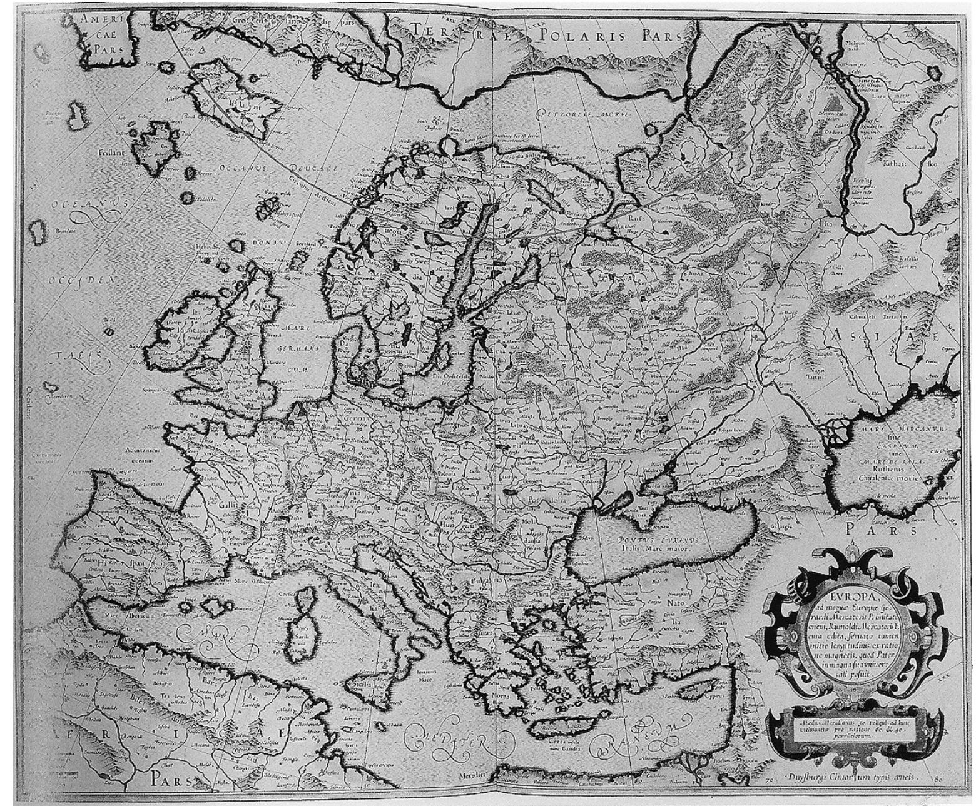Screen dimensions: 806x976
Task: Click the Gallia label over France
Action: [229, 505]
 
